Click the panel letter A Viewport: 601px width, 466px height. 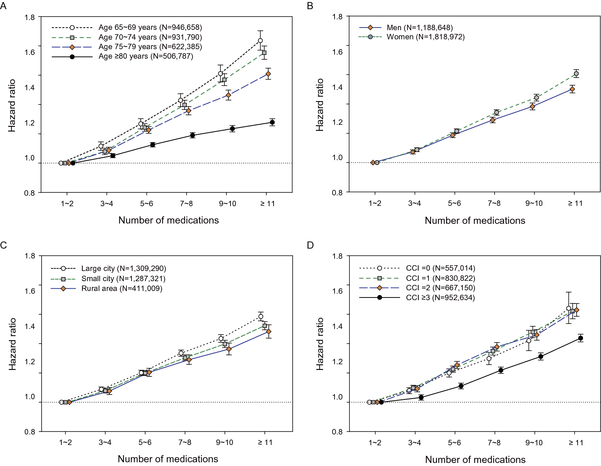coord(3,6)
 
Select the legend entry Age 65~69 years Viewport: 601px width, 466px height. coord(150,27)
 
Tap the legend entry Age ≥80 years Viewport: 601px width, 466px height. coord(145,56)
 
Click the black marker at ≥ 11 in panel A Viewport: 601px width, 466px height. coord(272,122)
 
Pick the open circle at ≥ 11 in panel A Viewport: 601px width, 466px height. coord(260,41)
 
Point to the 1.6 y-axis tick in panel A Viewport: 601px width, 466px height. coord(29,52)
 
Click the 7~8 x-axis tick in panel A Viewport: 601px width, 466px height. coord(186,203)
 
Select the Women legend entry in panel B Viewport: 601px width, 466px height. coord(425,37)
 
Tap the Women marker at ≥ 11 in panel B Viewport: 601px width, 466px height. coord(576,74)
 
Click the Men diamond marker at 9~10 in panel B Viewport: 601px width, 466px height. coord(533,106)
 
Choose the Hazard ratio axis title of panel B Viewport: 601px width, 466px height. coord(320,105)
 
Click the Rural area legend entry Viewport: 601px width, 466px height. coord(121,289)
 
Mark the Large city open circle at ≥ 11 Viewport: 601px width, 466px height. coord(261,316)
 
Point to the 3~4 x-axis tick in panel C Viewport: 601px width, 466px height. coord(105,442)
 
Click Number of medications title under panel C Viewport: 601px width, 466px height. coord(168,459)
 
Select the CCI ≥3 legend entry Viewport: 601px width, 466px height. coord(440,298)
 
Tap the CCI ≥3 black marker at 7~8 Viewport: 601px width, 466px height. coord(501,370)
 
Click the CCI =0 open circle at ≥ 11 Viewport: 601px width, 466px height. coord(569,308)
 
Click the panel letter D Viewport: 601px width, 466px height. coord(310,245)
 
